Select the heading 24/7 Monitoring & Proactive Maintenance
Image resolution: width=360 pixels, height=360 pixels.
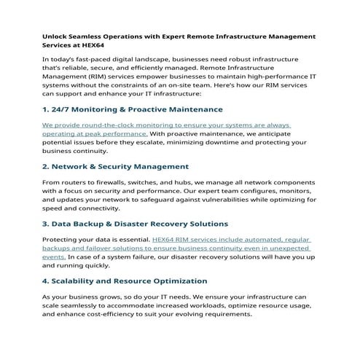[x=132, y=109]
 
